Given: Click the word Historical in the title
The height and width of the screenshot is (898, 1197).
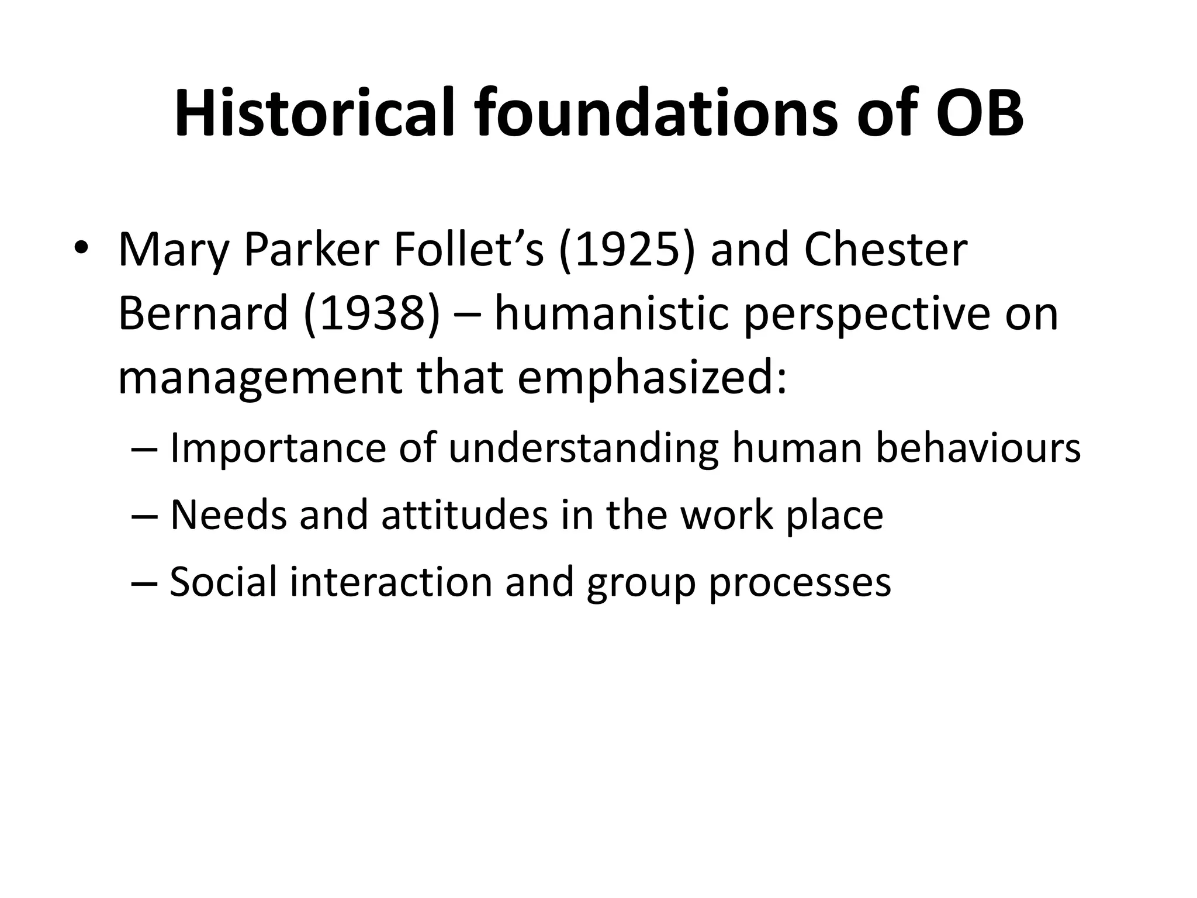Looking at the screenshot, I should [x=314, y=113].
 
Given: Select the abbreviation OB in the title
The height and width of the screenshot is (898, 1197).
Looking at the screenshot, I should [x=979, y=113].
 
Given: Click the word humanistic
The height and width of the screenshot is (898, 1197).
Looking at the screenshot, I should [x=612, y=314].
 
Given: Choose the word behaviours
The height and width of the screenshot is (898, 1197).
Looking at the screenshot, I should [x=978, y=448].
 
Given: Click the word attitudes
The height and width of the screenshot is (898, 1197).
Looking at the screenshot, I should [x=465, y=515].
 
